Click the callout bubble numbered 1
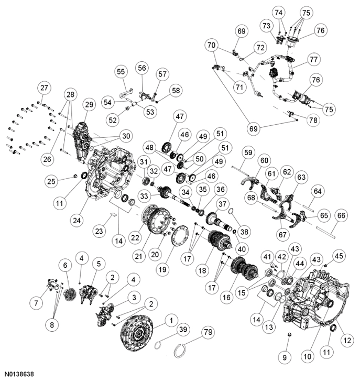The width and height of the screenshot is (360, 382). (170, 320)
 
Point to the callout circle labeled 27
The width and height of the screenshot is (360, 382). (44, 88)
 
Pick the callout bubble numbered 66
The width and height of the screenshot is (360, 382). (341, 215)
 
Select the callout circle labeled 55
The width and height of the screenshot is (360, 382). (121, 71)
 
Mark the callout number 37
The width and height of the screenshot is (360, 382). (222, 204)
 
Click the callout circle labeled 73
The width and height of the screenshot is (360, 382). (267, 25)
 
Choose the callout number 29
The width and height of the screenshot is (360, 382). (89, 105)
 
